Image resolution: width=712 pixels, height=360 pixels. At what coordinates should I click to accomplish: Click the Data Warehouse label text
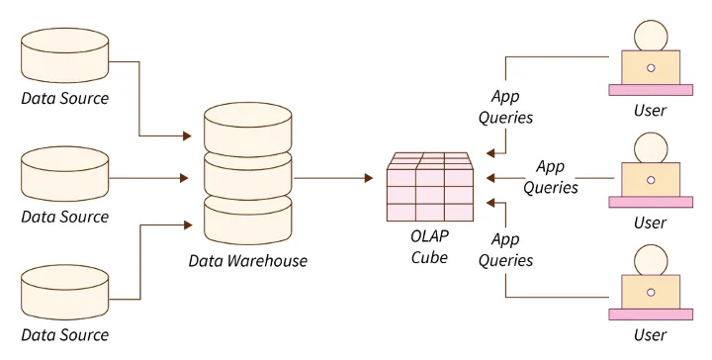pos(247,261)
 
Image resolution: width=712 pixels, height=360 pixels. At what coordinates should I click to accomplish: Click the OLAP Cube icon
pos(429,187)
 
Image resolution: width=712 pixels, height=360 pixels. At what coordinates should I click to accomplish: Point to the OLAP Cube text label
pos(429,247)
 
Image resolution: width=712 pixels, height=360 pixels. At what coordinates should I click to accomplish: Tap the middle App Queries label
pos(550,177)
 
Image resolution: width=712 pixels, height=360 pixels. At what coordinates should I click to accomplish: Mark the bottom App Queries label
pos(506,250)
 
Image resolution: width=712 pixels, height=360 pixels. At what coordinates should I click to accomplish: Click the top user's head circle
pos(650,36)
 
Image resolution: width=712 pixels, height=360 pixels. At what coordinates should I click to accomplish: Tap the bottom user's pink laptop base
pos(650,315)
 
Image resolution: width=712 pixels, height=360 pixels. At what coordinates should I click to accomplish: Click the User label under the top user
pos(650,111)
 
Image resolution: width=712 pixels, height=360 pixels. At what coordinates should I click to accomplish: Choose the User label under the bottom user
pos(650,336)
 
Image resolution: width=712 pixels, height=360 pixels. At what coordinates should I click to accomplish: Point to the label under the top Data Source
pos(65,99)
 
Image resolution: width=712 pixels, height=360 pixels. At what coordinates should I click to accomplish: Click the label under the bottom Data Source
pos(65,335)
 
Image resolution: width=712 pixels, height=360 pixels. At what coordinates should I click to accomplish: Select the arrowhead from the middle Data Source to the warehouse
pos(184,178)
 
